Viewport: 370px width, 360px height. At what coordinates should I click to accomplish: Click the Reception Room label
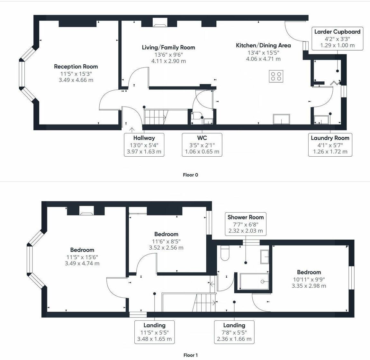pos(76,67)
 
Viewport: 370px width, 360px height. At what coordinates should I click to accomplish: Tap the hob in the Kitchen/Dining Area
pos(276,76)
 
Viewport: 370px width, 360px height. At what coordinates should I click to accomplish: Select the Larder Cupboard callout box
pos(338,39)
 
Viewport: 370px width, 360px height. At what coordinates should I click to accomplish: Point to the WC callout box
pos(202,144)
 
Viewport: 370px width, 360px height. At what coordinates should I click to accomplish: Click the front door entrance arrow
pos(132,130)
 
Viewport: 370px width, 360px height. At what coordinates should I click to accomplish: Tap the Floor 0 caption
pos(190,175)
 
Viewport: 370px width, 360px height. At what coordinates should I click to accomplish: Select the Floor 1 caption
pos(190,355)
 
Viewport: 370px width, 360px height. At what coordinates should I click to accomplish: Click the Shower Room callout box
pos(246,224)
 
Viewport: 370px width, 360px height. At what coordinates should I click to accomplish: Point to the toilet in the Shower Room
pos(225,253)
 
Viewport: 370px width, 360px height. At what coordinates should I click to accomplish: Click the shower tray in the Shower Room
pos(254,281)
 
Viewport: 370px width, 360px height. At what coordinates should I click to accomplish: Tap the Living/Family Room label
pos(168,48)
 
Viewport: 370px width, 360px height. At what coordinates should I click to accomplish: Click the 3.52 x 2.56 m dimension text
pos(166,247)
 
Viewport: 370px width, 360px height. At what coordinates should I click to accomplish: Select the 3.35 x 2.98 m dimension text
pos(309,286)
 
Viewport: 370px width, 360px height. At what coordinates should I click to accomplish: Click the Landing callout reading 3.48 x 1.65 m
pos(155,332)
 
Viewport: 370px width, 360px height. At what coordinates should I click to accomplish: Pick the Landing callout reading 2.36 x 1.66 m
pos(234,332)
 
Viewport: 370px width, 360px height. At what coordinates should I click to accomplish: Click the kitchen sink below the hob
pos(282,119)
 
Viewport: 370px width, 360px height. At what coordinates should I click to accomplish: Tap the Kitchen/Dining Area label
pos(263,45)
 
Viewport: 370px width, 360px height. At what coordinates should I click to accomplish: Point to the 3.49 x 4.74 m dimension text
pos(82,263)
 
